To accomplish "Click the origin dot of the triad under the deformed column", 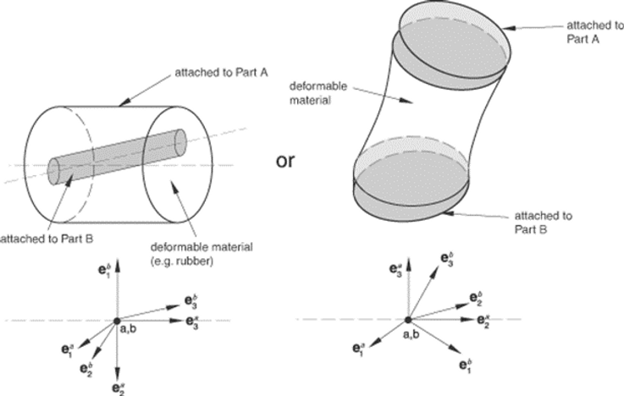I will pyautogui.click(x=408, y=320).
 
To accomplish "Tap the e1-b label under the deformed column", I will pyautogui.click(x=465, y=365).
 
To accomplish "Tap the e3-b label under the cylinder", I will pyautogui.click(x=191, y=300).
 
